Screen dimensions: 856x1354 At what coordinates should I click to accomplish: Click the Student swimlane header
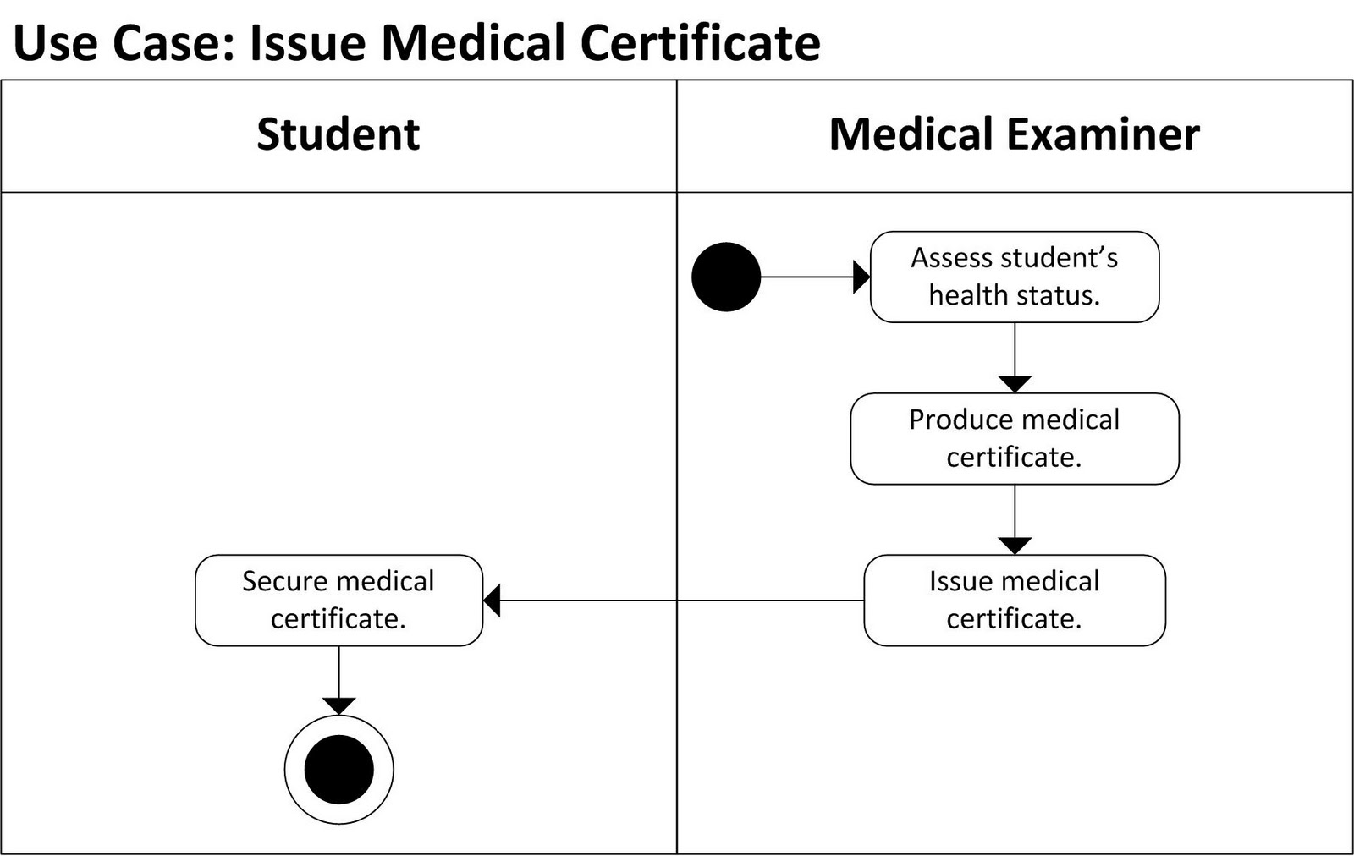pos(338,135)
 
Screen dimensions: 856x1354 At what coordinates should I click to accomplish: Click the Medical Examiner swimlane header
pos(1014,135)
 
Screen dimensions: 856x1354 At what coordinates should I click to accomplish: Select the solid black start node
pos(726,277)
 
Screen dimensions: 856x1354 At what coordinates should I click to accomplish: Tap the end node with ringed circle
pos(338,769)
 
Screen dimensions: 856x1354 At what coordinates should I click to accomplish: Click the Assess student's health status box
pos(1014,277)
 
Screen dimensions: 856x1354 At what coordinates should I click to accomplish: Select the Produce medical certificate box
pos(1014,438)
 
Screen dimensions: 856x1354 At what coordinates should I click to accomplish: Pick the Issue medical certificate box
pos(1014,601)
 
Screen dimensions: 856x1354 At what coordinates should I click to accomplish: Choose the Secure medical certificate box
pos(338,601)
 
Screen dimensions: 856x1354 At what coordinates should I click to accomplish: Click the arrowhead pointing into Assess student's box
pos(861,277)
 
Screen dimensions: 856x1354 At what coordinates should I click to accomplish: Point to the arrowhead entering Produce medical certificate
pos(1015,384)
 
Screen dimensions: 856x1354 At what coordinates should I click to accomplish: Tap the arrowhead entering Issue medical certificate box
pos(1015,546)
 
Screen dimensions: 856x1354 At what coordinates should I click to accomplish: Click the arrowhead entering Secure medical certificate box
pos(493,601)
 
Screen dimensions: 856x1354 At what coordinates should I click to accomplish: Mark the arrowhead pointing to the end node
pos(338,706)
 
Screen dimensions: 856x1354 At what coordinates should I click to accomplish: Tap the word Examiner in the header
pos(1103,135)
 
